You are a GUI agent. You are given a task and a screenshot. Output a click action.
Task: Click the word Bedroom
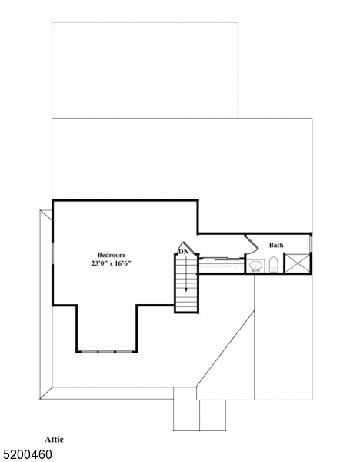click(x=111, y=255)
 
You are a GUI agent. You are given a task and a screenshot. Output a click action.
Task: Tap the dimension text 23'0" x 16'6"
click(x=111, y=264)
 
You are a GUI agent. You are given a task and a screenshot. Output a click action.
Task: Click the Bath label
click(x=276, y=246)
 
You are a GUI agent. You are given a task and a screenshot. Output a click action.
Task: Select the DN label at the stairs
click(x=183, y=251)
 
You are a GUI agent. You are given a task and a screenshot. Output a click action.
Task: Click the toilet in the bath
click(x=272, y=266)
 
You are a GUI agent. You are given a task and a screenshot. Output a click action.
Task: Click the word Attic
click(x=55, y=439)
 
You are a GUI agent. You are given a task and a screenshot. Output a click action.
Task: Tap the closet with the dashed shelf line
click(x=222, y=265)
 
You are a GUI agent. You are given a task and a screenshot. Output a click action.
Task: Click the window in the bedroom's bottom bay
click(x=107, y=352)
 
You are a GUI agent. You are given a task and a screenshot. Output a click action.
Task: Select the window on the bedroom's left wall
click(x=52, y=254)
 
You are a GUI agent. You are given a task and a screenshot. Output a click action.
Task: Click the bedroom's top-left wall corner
click(x=52, y=201)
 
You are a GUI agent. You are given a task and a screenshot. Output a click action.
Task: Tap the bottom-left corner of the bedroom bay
click(x=76, y=352)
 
